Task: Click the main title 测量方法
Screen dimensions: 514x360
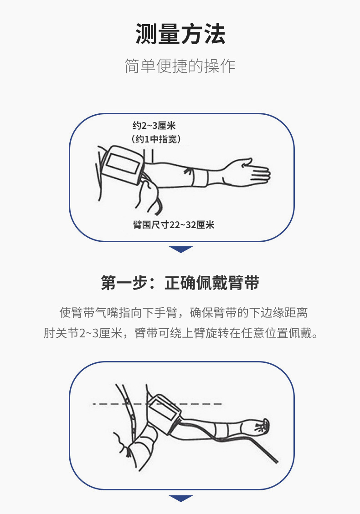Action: click(180, 35)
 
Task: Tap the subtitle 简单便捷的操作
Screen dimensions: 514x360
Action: click(180, 66)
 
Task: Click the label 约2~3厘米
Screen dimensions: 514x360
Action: click(154, 126)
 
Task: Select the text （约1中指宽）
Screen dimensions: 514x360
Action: click(156, 139)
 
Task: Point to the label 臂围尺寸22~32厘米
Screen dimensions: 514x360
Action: click(173, 225)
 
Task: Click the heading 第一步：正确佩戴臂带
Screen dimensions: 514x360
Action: click(180, 283)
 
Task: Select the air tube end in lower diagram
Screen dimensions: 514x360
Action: click(273, 460)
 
